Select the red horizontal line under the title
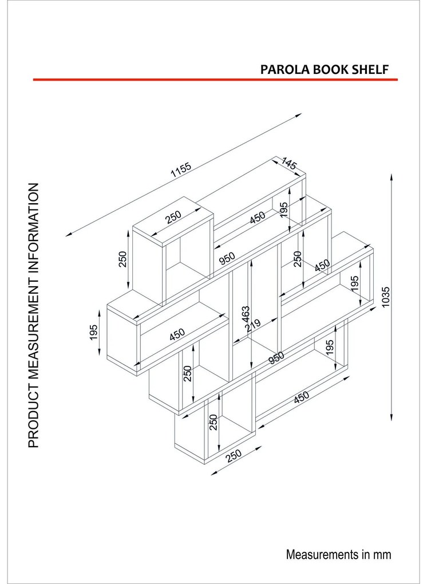(215, 80)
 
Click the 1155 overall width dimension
(181, 169)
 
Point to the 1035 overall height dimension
(386, 297)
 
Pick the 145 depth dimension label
(289, 164)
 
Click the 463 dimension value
(246, 315)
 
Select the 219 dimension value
(253, 326)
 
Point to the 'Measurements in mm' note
(338, 554)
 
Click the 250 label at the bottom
(234, 455)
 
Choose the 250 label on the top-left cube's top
(173, 217)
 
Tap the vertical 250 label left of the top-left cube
(122, 259)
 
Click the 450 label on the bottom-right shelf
(301, 397)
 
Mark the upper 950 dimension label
(227, 258)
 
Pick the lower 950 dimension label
(276, 357)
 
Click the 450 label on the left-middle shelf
(177, 334)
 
